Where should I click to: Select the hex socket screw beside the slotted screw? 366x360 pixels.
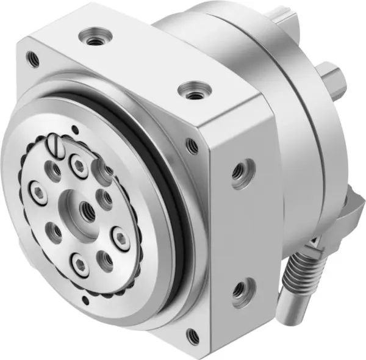click(79, 163)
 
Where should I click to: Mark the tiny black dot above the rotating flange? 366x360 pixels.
click(74, 129)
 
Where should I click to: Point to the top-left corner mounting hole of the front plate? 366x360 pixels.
click(33, 59)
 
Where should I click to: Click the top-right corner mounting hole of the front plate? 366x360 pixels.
click(193, 145)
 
